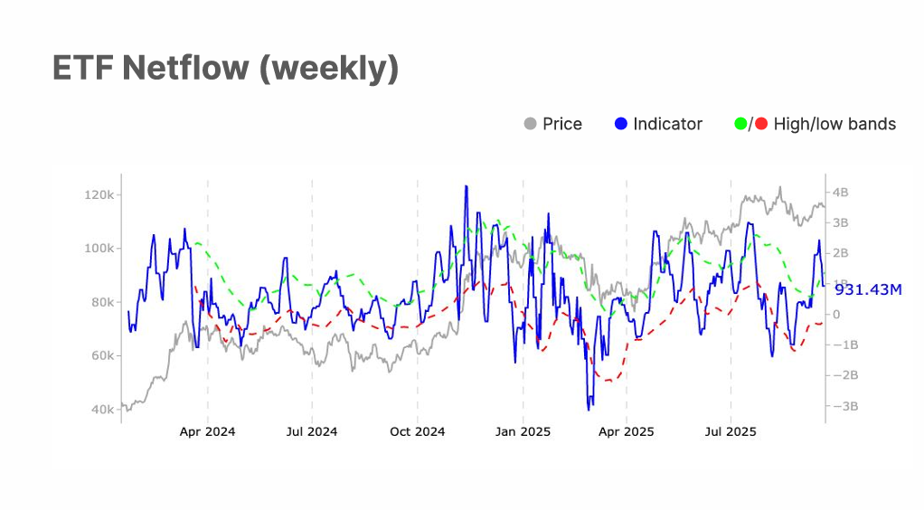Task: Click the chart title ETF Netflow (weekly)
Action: tap(225, 69)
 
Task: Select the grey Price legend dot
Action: tap(531, 124)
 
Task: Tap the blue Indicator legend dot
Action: tap(620, 124)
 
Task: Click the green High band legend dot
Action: tap(742, 124)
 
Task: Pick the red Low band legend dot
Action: tap(761, 124)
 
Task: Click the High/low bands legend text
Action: tap(834, 124)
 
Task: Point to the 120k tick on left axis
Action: tap(98, 195)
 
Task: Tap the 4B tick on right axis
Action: tap(840, 193)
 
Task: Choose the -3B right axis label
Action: tap(844, 406)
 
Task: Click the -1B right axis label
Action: tap(844, 345)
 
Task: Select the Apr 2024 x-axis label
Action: tap(207, 432)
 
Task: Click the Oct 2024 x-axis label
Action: tap(417, 432)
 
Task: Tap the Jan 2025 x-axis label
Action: tap(523, 432)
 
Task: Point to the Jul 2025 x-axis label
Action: tap(731, 432)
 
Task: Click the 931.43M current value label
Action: tap(868, 289)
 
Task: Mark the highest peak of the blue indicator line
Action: tap(466, 186)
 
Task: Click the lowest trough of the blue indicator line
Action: tap(589, 410)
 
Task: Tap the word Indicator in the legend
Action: tap(667, 124)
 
